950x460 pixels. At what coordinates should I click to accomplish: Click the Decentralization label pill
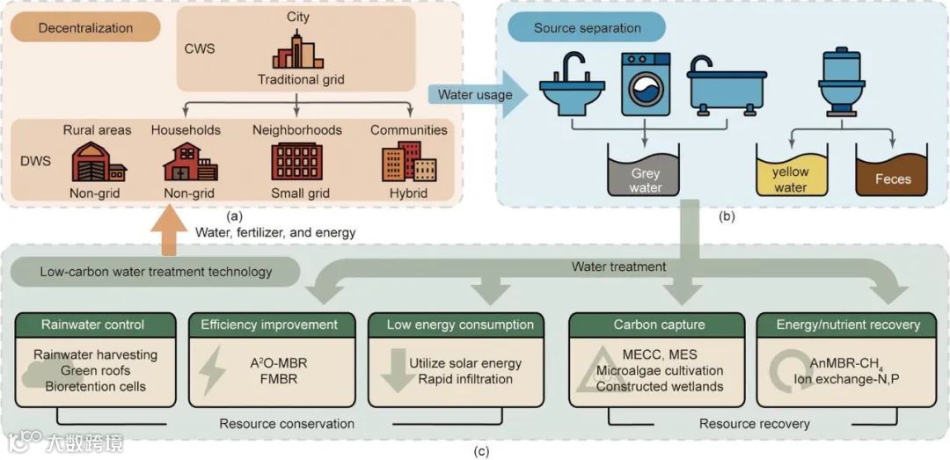coord(85,28)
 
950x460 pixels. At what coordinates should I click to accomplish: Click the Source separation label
coord(588,28)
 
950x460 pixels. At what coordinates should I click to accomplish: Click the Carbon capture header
coord(647,325)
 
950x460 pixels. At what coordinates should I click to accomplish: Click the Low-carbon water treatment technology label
coord(156,272)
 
